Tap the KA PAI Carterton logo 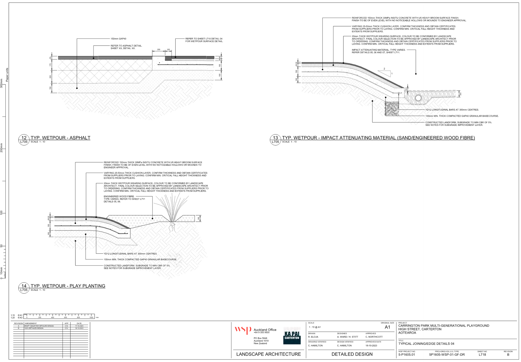292,335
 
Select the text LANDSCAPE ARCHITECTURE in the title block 268,354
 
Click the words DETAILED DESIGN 352,354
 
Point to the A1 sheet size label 387,327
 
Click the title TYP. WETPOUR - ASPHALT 60,138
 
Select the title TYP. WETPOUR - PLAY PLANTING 68,286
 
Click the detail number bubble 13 275,138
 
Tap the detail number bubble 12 24,138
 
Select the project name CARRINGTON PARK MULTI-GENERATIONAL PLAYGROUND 444,326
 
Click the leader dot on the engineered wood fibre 153,218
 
